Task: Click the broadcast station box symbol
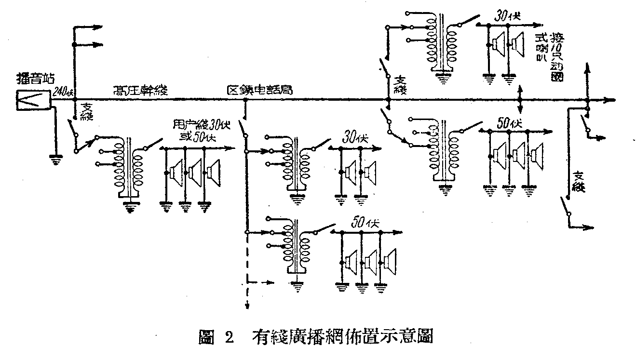[33, 99]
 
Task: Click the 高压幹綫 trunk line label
[138, 90]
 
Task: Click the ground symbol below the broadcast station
[56, 160]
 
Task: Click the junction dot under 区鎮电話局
[245, 100]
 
